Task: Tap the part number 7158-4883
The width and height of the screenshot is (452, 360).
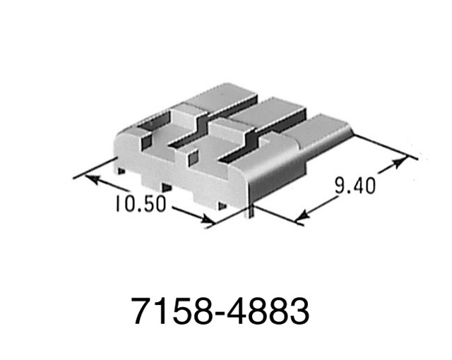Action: [221, 310]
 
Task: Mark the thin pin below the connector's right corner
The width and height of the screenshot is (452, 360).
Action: [248, 212]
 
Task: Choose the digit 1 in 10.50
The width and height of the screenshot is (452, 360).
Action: [116, 204]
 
